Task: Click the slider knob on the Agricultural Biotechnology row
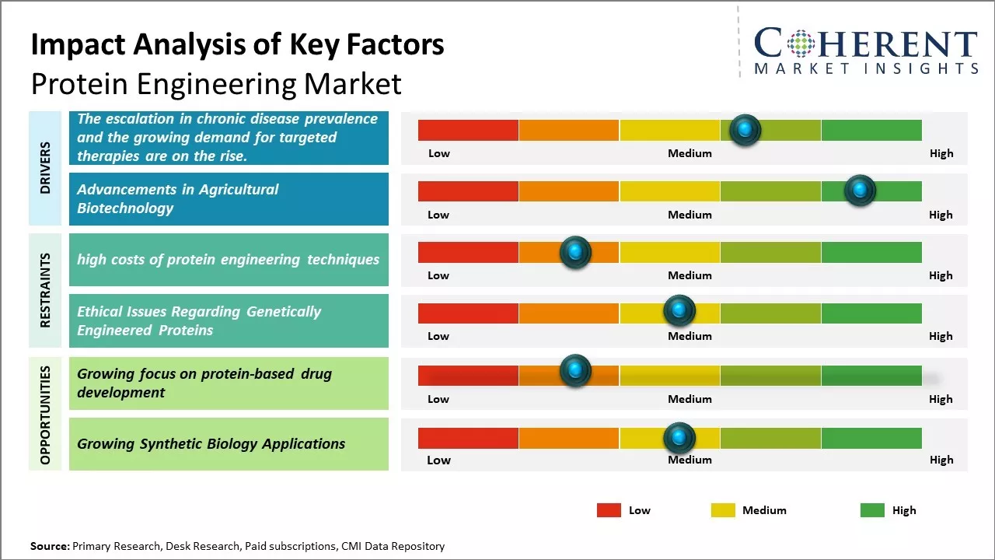pos(860,191)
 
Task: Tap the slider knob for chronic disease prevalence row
pos(745,130)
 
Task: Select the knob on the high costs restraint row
pos(575,252)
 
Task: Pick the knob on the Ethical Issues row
pos(679,311)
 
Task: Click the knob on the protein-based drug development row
pos(575,371)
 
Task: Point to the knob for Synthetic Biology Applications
pos(679,438)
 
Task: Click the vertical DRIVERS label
pos(45,167)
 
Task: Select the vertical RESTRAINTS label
pos(45,289)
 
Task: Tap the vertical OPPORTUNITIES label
pos(45,415)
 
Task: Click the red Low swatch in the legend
pos(609,510)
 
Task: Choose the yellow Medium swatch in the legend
pos(723,510)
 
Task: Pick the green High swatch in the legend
pos(872,510)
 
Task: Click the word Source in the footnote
pos(49,546)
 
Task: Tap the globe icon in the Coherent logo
pos(801,44)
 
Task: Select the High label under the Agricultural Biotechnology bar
pos(941,215)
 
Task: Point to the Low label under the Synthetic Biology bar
pos(438,460)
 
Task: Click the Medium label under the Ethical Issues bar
pos(690,336)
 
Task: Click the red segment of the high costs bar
pos(468,252)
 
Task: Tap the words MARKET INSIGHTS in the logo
pos(866,69)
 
